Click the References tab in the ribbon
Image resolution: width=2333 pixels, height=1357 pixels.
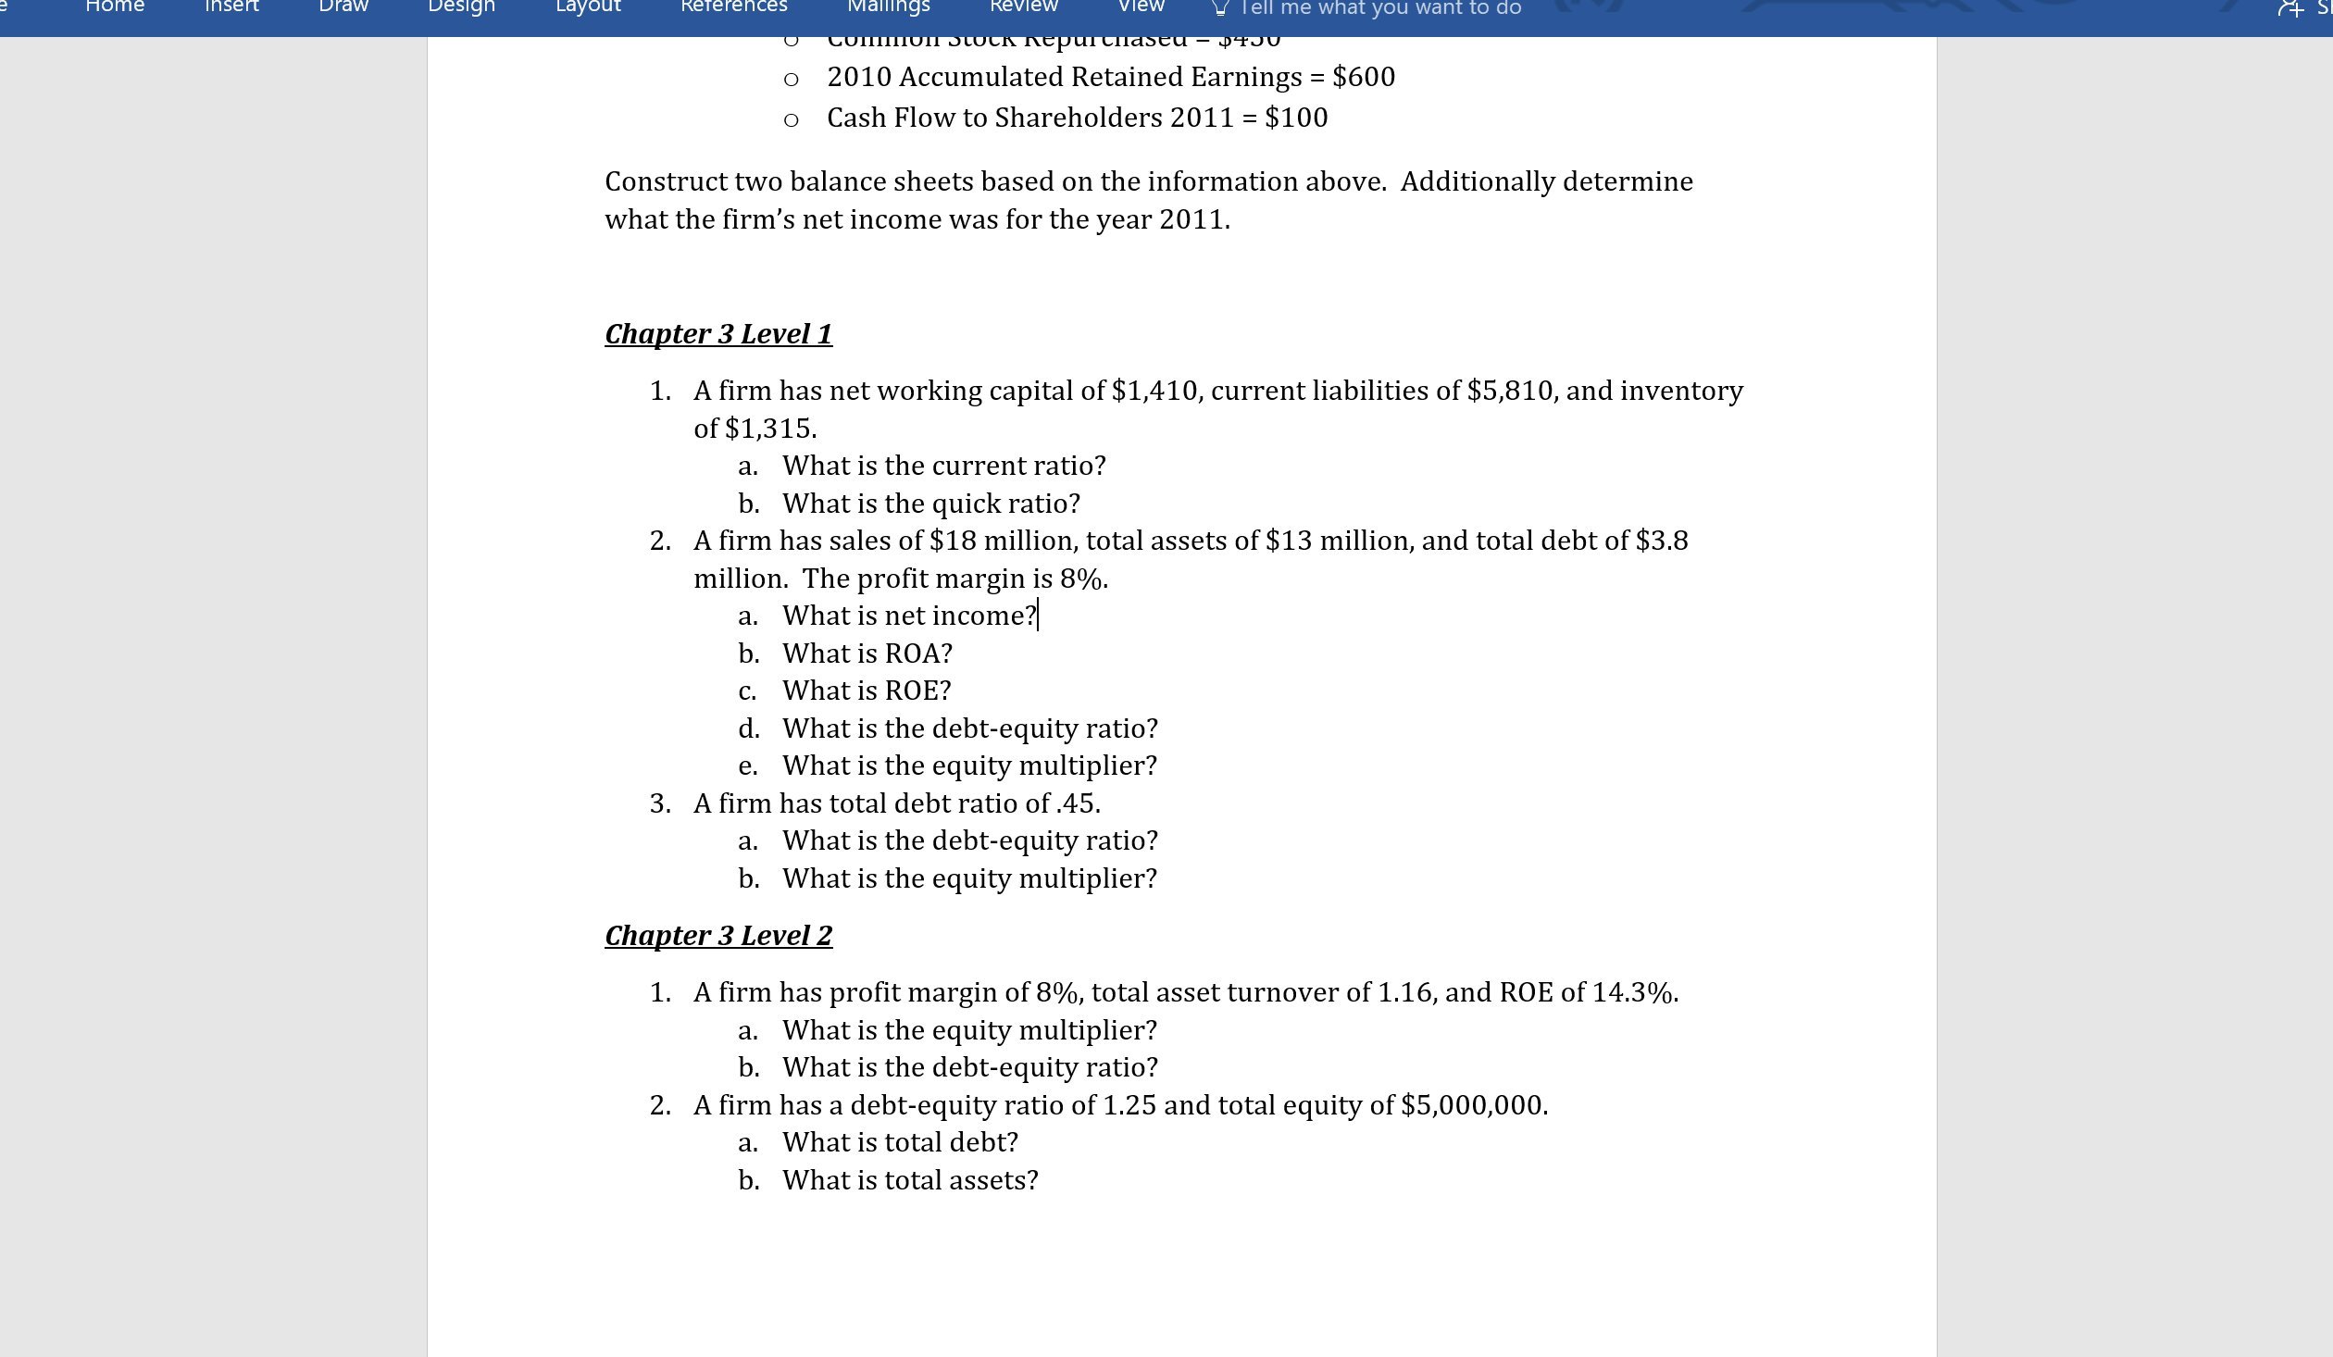click(x=733, y=7)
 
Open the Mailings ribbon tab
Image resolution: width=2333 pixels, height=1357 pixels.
click(x=888, y=7)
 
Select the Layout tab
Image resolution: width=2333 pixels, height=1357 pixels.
click(x=588, y=7)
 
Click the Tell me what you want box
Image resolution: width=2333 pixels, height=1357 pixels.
click(x=1379, y=8)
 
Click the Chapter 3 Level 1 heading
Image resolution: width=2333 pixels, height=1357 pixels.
click(x=718, y=333)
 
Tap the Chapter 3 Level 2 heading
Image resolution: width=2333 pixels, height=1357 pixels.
click(x=718, y=935)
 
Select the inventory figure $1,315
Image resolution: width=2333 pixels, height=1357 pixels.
click(x=769, y=429)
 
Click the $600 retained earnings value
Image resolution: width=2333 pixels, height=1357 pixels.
click(x=1363, y=77)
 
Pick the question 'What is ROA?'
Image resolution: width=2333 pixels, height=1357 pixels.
click(x=867, y=654)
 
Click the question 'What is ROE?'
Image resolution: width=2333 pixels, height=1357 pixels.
click(x=867, y=691)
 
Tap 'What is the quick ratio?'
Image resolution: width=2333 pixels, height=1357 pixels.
click(x=930, y=504)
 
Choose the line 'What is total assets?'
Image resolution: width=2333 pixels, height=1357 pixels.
click(x=910, y=1180)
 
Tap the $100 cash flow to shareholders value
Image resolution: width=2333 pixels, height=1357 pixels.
click(x=1295, y=118)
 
